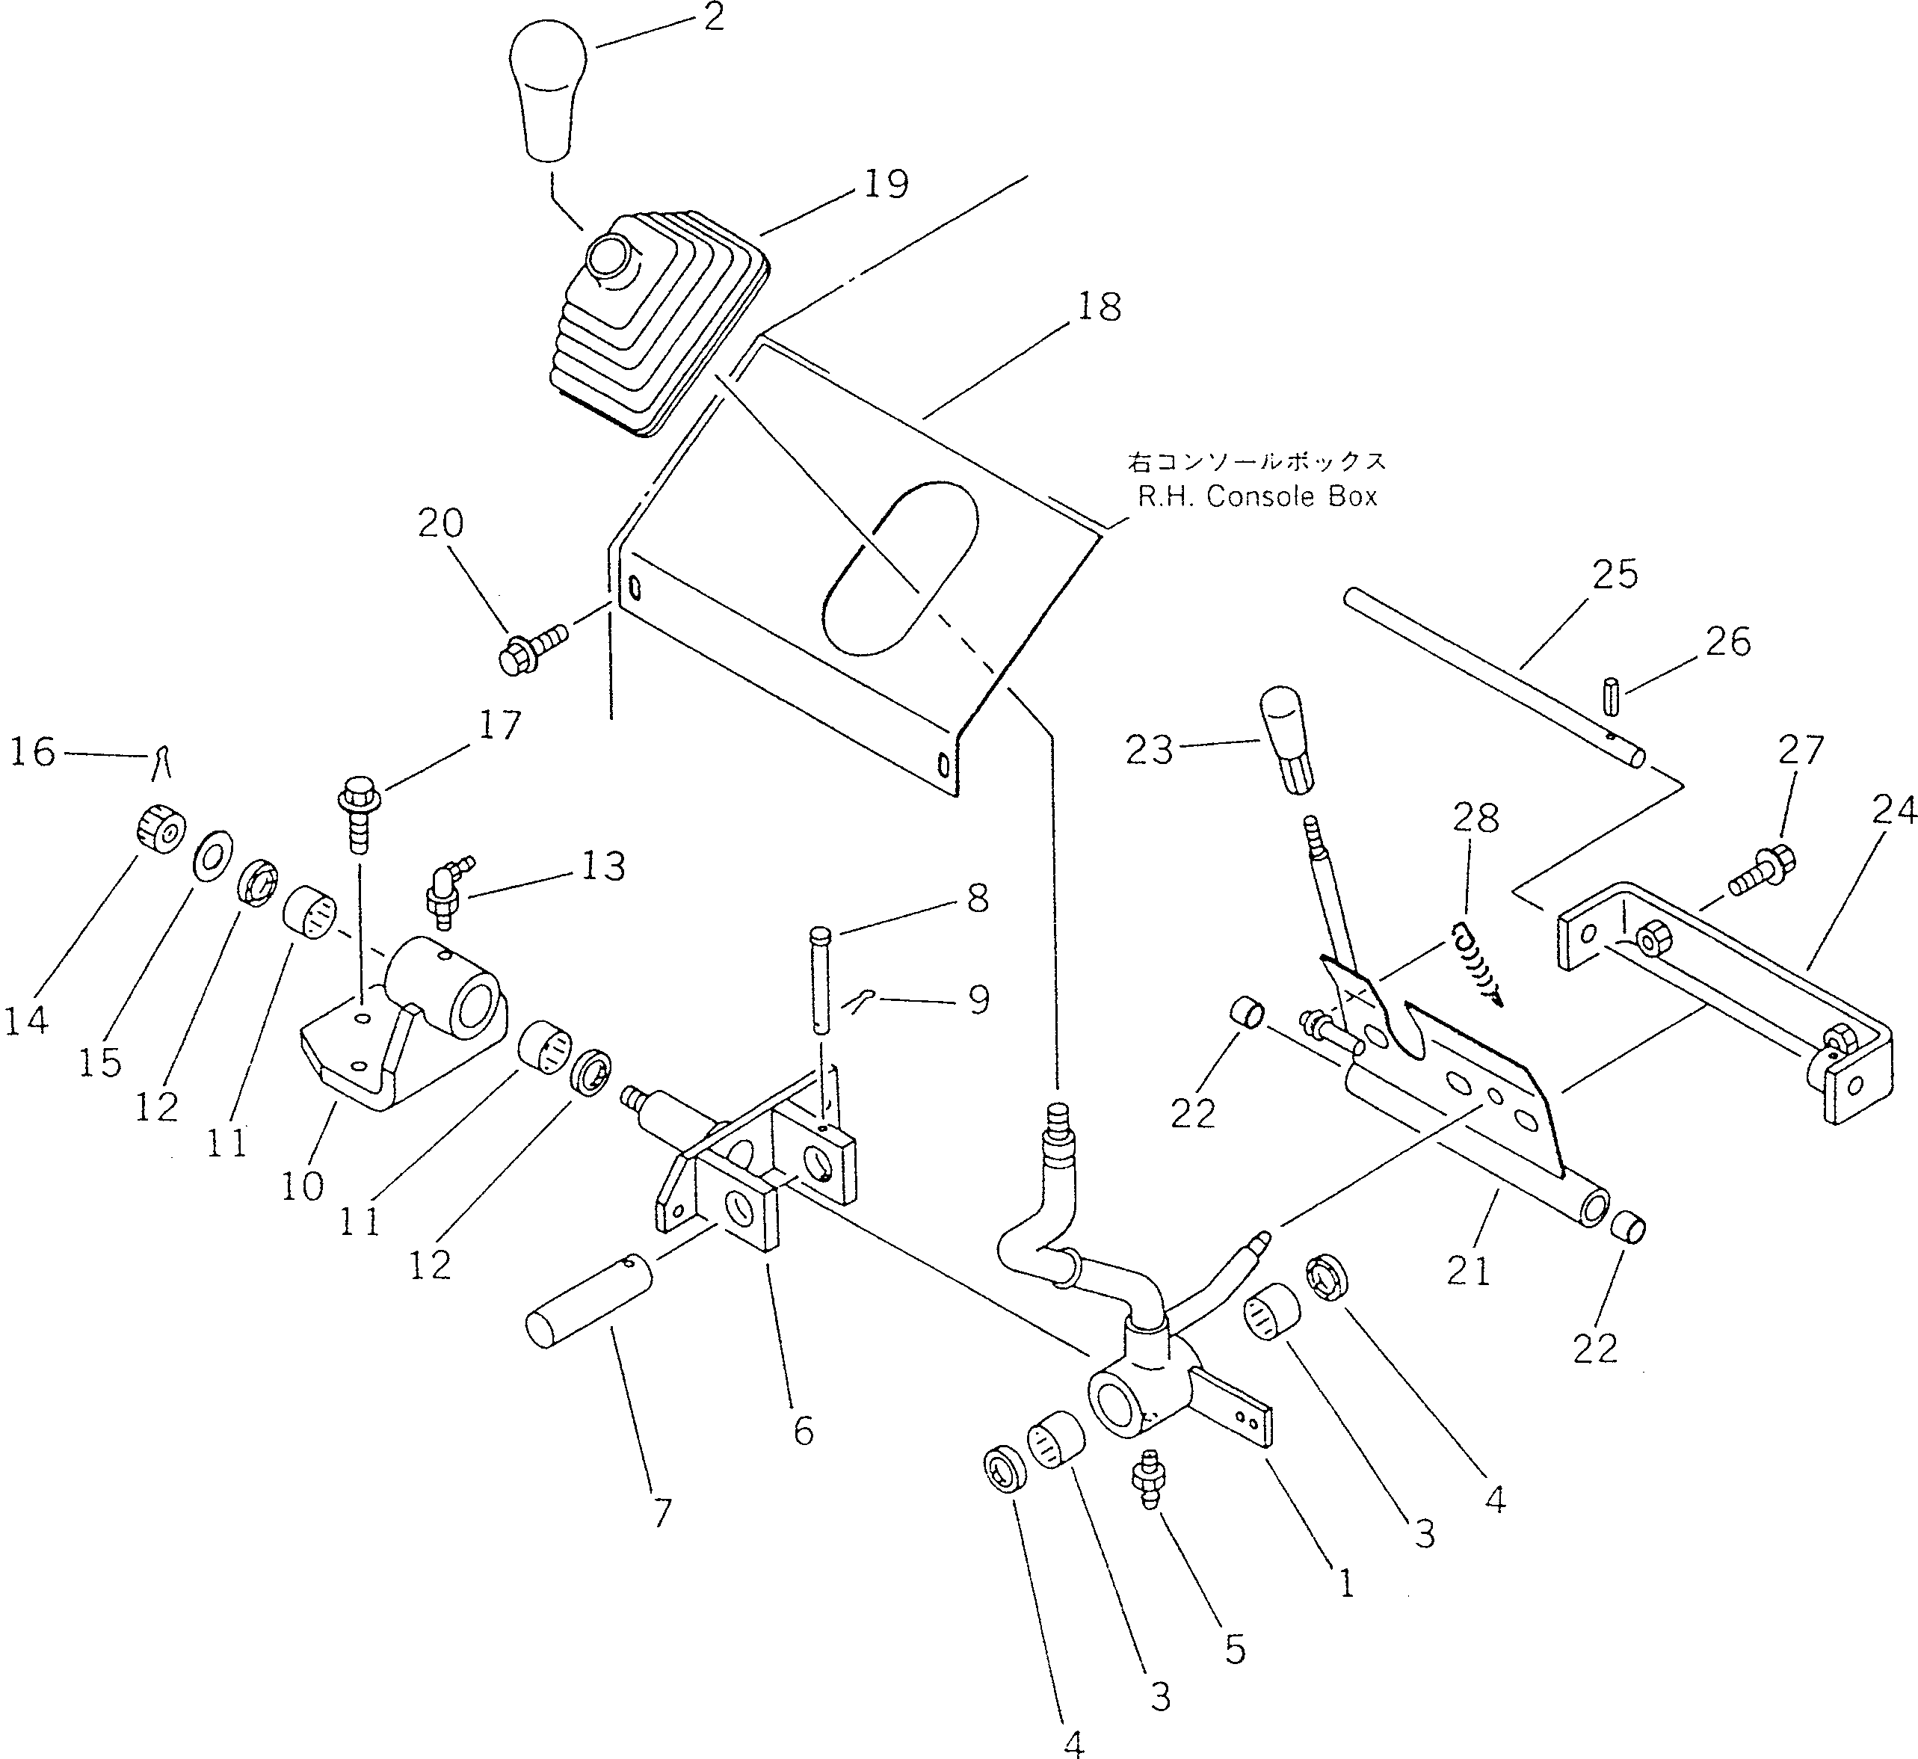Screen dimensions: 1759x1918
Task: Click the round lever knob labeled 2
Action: [549, 90]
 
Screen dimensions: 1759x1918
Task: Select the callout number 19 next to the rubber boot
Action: [885, 184]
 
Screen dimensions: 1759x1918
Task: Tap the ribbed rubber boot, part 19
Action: [657, 324]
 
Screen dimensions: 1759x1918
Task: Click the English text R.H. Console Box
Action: [1256, 497]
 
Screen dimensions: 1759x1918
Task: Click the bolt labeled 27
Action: [1761, 869]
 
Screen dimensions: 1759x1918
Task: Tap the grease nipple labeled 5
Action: [1148, 1478]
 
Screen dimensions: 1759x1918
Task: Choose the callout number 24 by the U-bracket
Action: [1893, 810]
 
